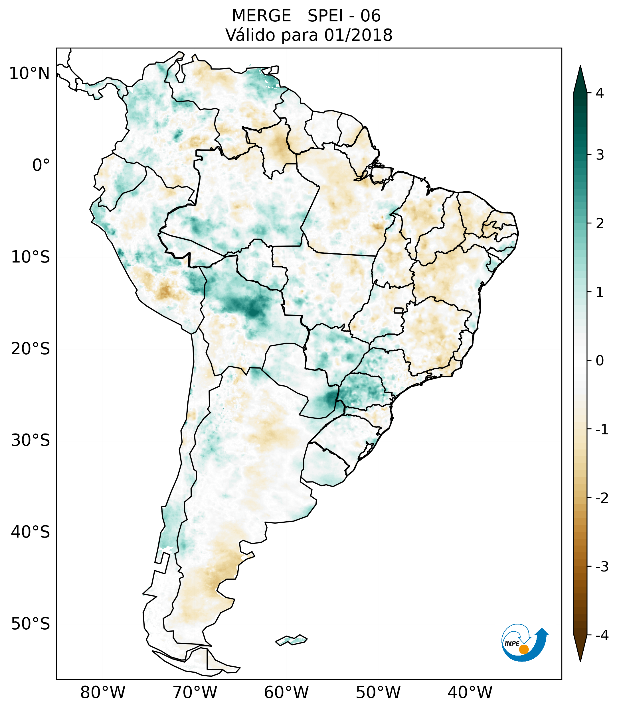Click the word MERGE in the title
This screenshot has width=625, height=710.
point(261,16)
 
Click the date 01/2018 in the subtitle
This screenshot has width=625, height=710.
point(358,35)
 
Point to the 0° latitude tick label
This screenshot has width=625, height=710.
point(41,165)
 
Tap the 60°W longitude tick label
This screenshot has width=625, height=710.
point(286,692)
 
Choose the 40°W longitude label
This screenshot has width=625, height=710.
point(470,692)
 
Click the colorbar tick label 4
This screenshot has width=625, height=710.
point(600,93)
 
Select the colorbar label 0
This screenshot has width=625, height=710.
point(600,361)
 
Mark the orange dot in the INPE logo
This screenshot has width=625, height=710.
point(523,649)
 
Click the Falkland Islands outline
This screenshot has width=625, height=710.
point(291,640)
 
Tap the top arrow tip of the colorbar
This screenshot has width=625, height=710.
point(580,67)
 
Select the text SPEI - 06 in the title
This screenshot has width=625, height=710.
point(344,16)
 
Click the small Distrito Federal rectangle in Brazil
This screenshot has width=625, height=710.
point(398,310)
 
